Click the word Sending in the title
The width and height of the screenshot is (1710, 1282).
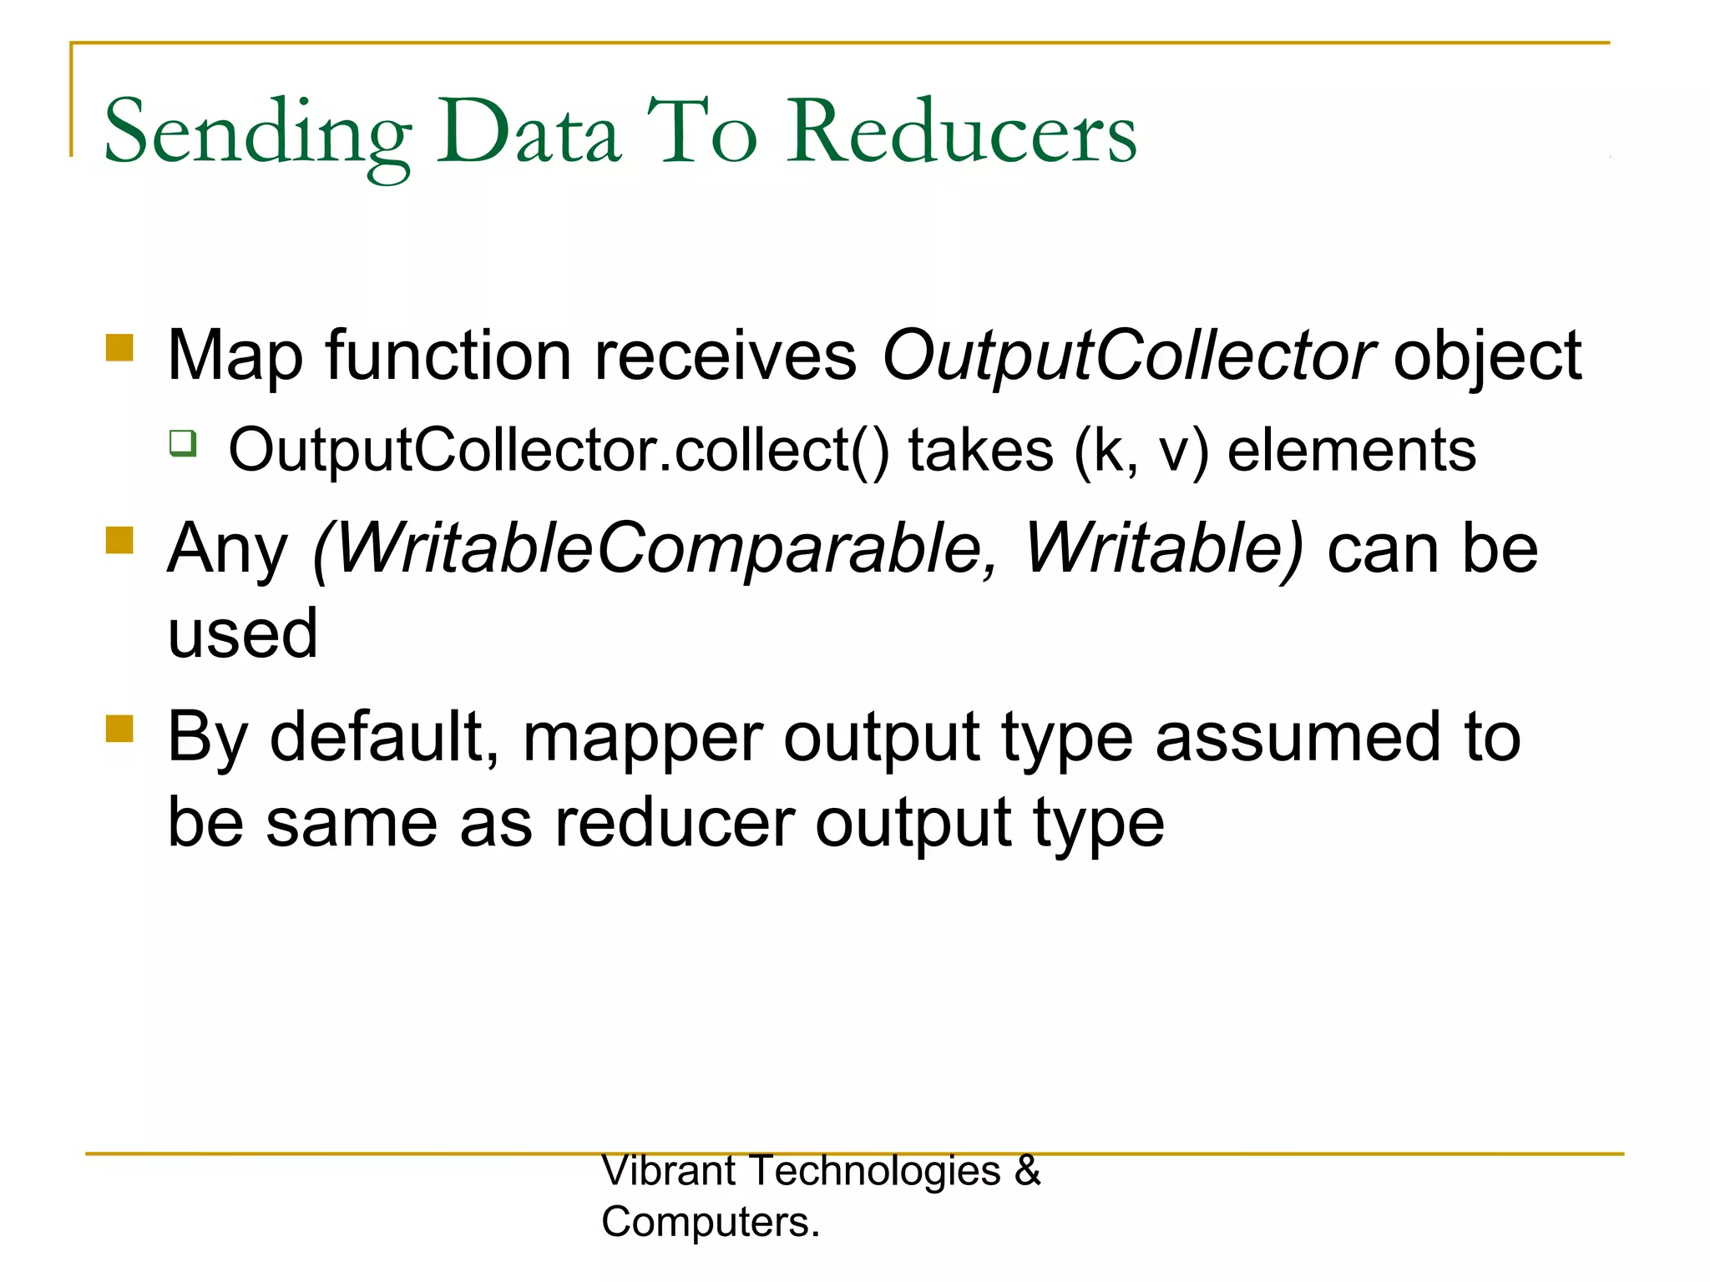[x=257, y=134]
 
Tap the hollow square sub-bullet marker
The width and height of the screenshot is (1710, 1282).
[x=183, y=442]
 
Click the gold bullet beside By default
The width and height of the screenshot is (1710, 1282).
[x=120, y=729]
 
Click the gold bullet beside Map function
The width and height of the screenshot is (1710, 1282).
[x=120, y=347]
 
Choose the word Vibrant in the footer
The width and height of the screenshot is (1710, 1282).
[x=668, y=1170]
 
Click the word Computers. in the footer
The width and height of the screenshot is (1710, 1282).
[x=711, y=1222]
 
